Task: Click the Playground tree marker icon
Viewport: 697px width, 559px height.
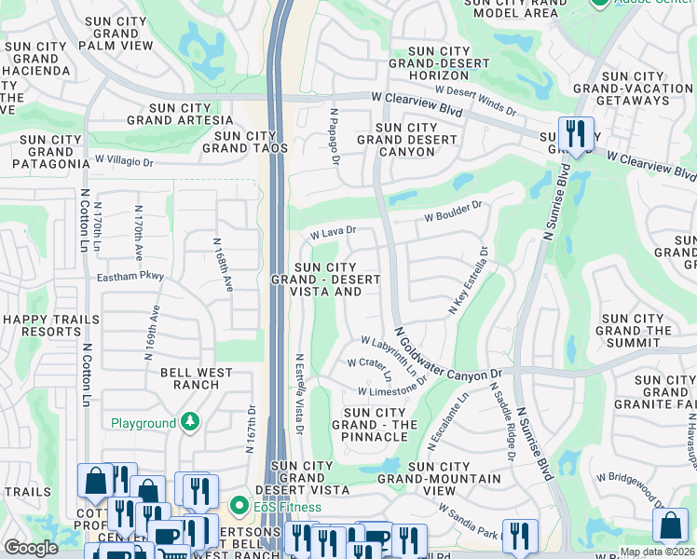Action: pos(190,423)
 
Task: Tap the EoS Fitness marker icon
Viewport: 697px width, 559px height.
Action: pos(239,508)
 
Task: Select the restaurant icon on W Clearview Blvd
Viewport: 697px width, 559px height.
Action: pos(575,132)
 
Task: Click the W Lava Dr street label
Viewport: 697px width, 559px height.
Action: pos(334,231)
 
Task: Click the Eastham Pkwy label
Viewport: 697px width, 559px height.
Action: pos(130,277)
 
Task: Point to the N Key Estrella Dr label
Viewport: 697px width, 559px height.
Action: pos(469,280)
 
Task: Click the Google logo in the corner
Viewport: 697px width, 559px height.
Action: pos(31,548)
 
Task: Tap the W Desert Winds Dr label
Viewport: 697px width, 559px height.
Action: pos(481,99)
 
